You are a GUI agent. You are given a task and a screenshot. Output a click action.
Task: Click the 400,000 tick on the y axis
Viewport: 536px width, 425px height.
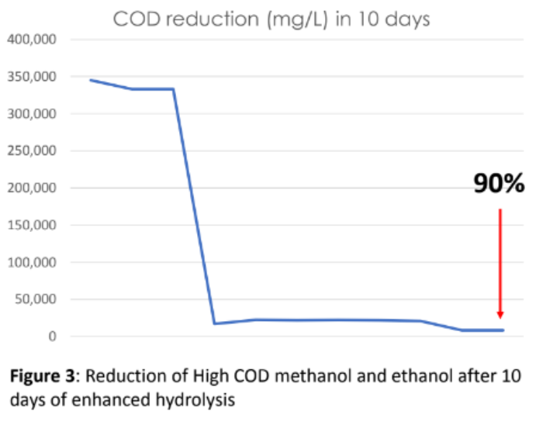click(32, 40)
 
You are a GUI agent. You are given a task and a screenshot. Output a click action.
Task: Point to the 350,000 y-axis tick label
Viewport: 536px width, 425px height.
click(32, 77)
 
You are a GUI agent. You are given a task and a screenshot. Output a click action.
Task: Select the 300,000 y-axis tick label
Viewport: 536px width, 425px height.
click(32, 114)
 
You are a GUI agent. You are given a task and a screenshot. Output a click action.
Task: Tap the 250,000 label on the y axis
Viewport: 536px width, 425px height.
click(32, 151)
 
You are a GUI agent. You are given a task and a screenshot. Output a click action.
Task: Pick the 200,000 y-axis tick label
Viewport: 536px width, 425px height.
click(32, 188)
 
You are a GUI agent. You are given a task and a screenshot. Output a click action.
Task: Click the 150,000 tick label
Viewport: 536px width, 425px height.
click(32, 226)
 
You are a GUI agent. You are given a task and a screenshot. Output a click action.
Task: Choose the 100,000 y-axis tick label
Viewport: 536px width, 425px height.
click(32, 263)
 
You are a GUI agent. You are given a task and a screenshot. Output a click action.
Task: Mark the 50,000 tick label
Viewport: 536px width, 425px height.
click(35, 300)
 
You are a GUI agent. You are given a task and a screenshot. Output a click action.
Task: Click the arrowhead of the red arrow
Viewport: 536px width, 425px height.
click(500, 314)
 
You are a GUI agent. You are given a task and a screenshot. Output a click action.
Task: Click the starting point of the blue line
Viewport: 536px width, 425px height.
click(90, 80)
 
